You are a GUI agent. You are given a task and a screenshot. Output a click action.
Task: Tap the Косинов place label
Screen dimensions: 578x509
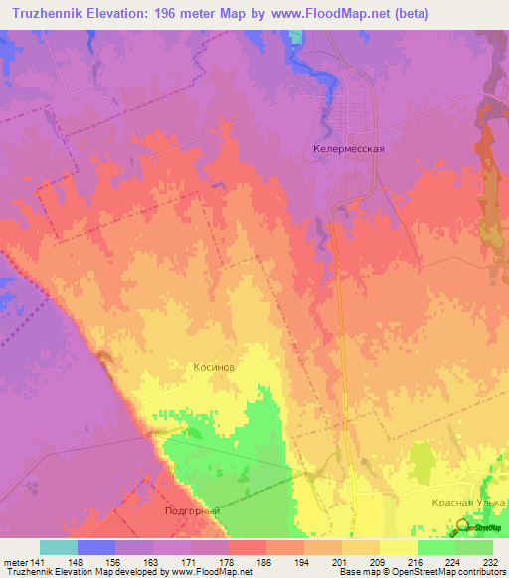pos(214,366)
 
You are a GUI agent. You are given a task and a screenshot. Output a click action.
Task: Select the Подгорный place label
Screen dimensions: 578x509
pos(190,510)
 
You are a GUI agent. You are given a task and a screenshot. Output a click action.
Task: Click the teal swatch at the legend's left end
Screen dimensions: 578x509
pos(58,547)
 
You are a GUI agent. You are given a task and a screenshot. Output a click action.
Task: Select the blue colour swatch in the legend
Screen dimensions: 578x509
pos(95,547)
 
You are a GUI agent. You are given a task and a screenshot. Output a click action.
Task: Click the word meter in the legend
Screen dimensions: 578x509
pos(14,563)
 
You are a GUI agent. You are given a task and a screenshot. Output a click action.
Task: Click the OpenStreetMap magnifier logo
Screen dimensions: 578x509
pos(461,525)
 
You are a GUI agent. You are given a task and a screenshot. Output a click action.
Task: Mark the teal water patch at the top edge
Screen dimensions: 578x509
pos(295,36)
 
